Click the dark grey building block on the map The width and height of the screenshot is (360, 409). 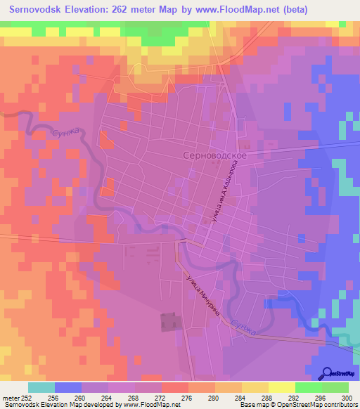click(169, 321)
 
